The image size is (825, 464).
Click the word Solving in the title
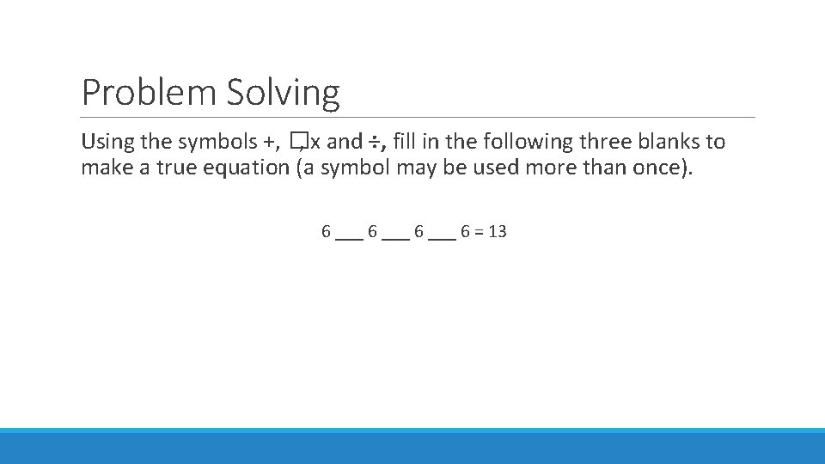[x=283, y=94]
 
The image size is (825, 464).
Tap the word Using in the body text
[x=103, y=142]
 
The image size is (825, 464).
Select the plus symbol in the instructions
[x=272, y=142]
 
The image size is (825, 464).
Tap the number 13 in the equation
[x=497, y=231]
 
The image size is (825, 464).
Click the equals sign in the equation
[x=475, y=232]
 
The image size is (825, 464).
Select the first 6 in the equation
[x=327, y=231]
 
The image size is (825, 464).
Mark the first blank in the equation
[x=350, y=237]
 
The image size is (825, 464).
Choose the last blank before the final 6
[x=443, y=237]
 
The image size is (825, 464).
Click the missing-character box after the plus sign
[x=297, y=142]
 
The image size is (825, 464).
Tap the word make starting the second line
[x=101, y=168]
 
